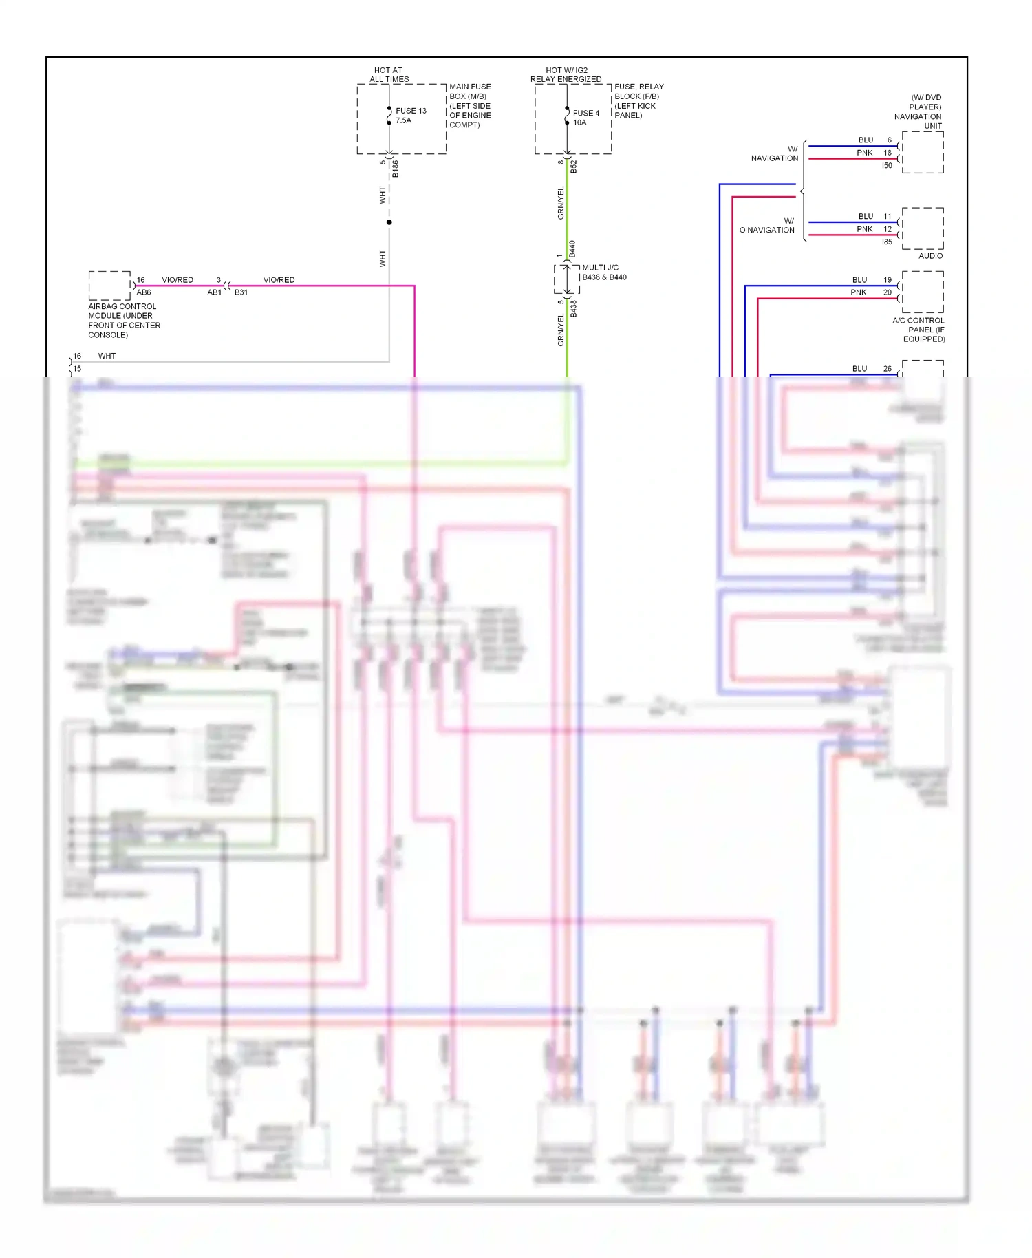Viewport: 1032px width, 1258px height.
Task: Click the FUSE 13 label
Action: (411, 111)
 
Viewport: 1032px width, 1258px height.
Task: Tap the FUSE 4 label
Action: (585, 113)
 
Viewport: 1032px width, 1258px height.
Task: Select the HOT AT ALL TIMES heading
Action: (389, 74)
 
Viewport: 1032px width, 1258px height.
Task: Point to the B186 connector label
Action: (396, 169)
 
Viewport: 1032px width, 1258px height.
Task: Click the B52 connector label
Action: (574, 167)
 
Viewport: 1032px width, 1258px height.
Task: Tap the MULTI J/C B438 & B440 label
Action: (603, 273)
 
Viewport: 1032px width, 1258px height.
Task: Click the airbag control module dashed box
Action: (109, 286)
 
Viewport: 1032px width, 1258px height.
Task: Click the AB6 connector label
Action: (143, 292)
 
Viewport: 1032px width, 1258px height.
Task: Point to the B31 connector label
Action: (241, 292)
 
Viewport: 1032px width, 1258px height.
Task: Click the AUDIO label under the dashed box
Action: (930, 256)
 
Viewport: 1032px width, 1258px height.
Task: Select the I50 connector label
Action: (887, 166)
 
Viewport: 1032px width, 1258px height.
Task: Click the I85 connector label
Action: (887, 242)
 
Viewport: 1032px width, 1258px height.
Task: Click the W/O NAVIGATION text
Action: (768, 226)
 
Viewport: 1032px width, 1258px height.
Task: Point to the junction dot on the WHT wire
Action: (389, 222)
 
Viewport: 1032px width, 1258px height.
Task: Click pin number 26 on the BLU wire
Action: (888, 369)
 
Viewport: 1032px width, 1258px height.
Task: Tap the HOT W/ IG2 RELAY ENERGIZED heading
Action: (566, 74)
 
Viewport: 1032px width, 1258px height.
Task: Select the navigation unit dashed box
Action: (923, 153)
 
